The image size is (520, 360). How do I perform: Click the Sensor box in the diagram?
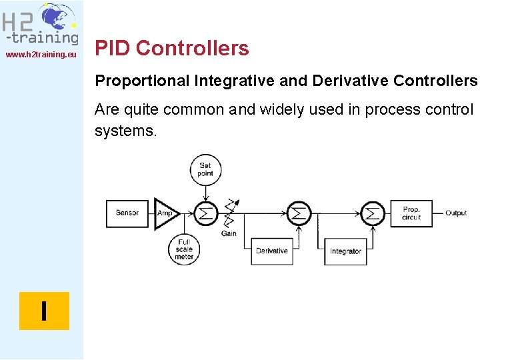pos(127,213)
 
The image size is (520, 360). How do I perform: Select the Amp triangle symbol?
pos(164,213)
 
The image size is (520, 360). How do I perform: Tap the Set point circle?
pos(205,169)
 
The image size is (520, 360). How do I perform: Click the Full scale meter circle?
pos(184,249)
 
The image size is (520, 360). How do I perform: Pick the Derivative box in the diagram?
pos(272,251)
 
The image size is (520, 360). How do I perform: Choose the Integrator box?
pos(345,251)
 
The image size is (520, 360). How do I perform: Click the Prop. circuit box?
pos(411,213)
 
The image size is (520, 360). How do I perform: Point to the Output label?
pos(456,213)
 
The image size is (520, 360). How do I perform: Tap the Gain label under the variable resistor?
pos(229,233)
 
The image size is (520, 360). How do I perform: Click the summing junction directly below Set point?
pos(206,213)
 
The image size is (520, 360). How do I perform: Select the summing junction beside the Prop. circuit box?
pos(373,213)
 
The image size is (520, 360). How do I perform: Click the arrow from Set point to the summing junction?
pos(206,192)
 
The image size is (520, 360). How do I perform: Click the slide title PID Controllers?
pos(172,49)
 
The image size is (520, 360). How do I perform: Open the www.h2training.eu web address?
pos(41,54)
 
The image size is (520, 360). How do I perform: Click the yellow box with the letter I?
pos(44,311)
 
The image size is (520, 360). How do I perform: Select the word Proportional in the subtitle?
pos(142,81)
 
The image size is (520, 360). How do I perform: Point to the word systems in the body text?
pos(125,131)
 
